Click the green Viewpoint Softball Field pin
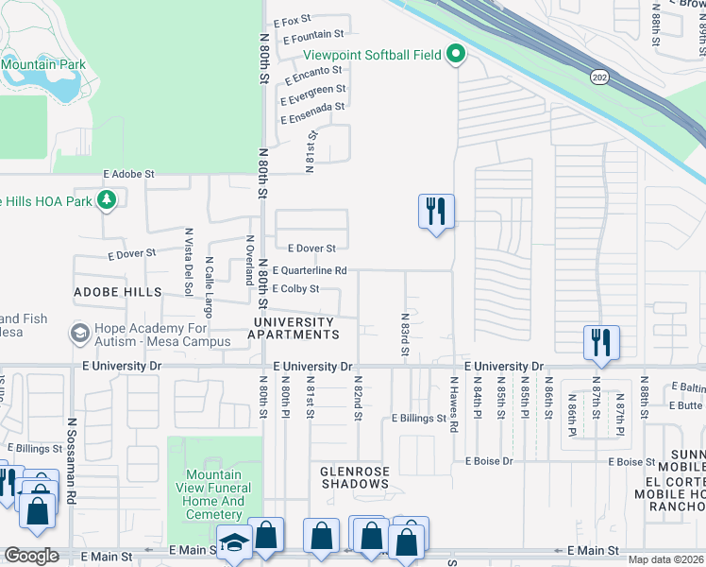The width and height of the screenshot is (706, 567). tap(457, 55)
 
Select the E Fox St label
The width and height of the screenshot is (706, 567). tap(292, 21)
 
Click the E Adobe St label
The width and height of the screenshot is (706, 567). tap(128, 175)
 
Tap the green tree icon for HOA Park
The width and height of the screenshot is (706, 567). tap(108, 199)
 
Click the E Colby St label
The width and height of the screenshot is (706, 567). tap(295, 289)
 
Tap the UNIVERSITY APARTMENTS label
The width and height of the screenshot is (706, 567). tap(294, 329)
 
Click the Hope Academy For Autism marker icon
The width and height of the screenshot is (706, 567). tap(80, 334)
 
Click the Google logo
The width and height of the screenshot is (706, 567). tap(30, 556)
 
